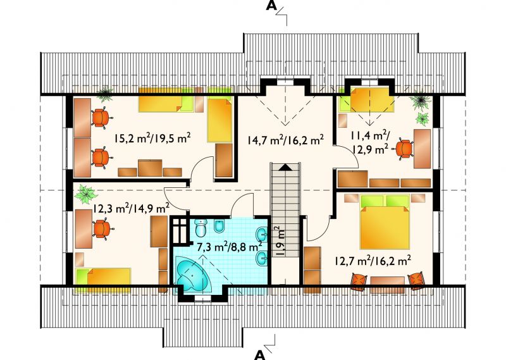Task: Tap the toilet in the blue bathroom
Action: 201,228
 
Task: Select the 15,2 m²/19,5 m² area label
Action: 152,138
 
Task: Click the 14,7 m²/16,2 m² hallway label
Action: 286,140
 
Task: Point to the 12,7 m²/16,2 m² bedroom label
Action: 373,260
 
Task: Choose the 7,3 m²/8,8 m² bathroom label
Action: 230,247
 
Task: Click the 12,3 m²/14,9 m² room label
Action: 132,208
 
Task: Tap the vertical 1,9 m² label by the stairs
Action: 280,241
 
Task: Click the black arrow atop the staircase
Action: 285,167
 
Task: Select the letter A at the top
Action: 271,6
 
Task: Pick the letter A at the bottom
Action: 260,355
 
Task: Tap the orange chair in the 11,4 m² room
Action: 404,149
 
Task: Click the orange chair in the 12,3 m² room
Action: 102,228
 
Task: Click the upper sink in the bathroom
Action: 262,234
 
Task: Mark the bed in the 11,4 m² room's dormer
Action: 372,99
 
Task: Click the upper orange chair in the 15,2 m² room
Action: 101,118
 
